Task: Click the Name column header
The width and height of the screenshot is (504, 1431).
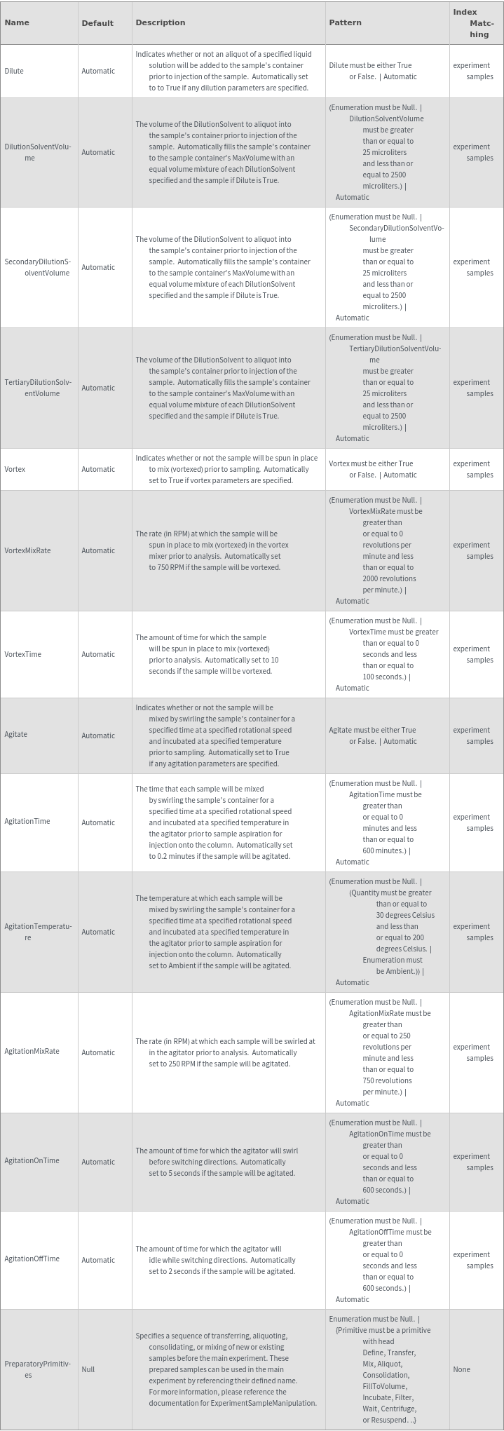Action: [x=17, y=22]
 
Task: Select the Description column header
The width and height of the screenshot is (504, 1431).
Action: [x=160, y=22]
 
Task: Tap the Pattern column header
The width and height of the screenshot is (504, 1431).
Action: [x=345, y=22]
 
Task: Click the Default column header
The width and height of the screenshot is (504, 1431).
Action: [x=97, y=23]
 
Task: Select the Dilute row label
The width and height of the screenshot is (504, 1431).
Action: [x=14, y=71]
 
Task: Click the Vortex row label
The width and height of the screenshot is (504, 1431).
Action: [x=15, y=469]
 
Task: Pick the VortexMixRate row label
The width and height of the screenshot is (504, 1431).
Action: [x=27, y=550]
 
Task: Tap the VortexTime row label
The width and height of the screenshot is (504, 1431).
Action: [x=22, y=654]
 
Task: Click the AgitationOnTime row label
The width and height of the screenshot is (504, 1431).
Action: [x=32, y=1160]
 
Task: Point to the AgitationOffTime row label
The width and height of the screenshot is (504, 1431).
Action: [x=32, y=1259]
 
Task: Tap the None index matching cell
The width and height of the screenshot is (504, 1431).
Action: [x=461, y=1369]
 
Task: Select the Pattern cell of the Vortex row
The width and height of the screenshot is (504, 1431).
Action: [x=372, y=469]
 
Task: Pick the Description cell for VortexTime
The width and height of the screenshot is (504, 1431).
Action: [x=207, y=654]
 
